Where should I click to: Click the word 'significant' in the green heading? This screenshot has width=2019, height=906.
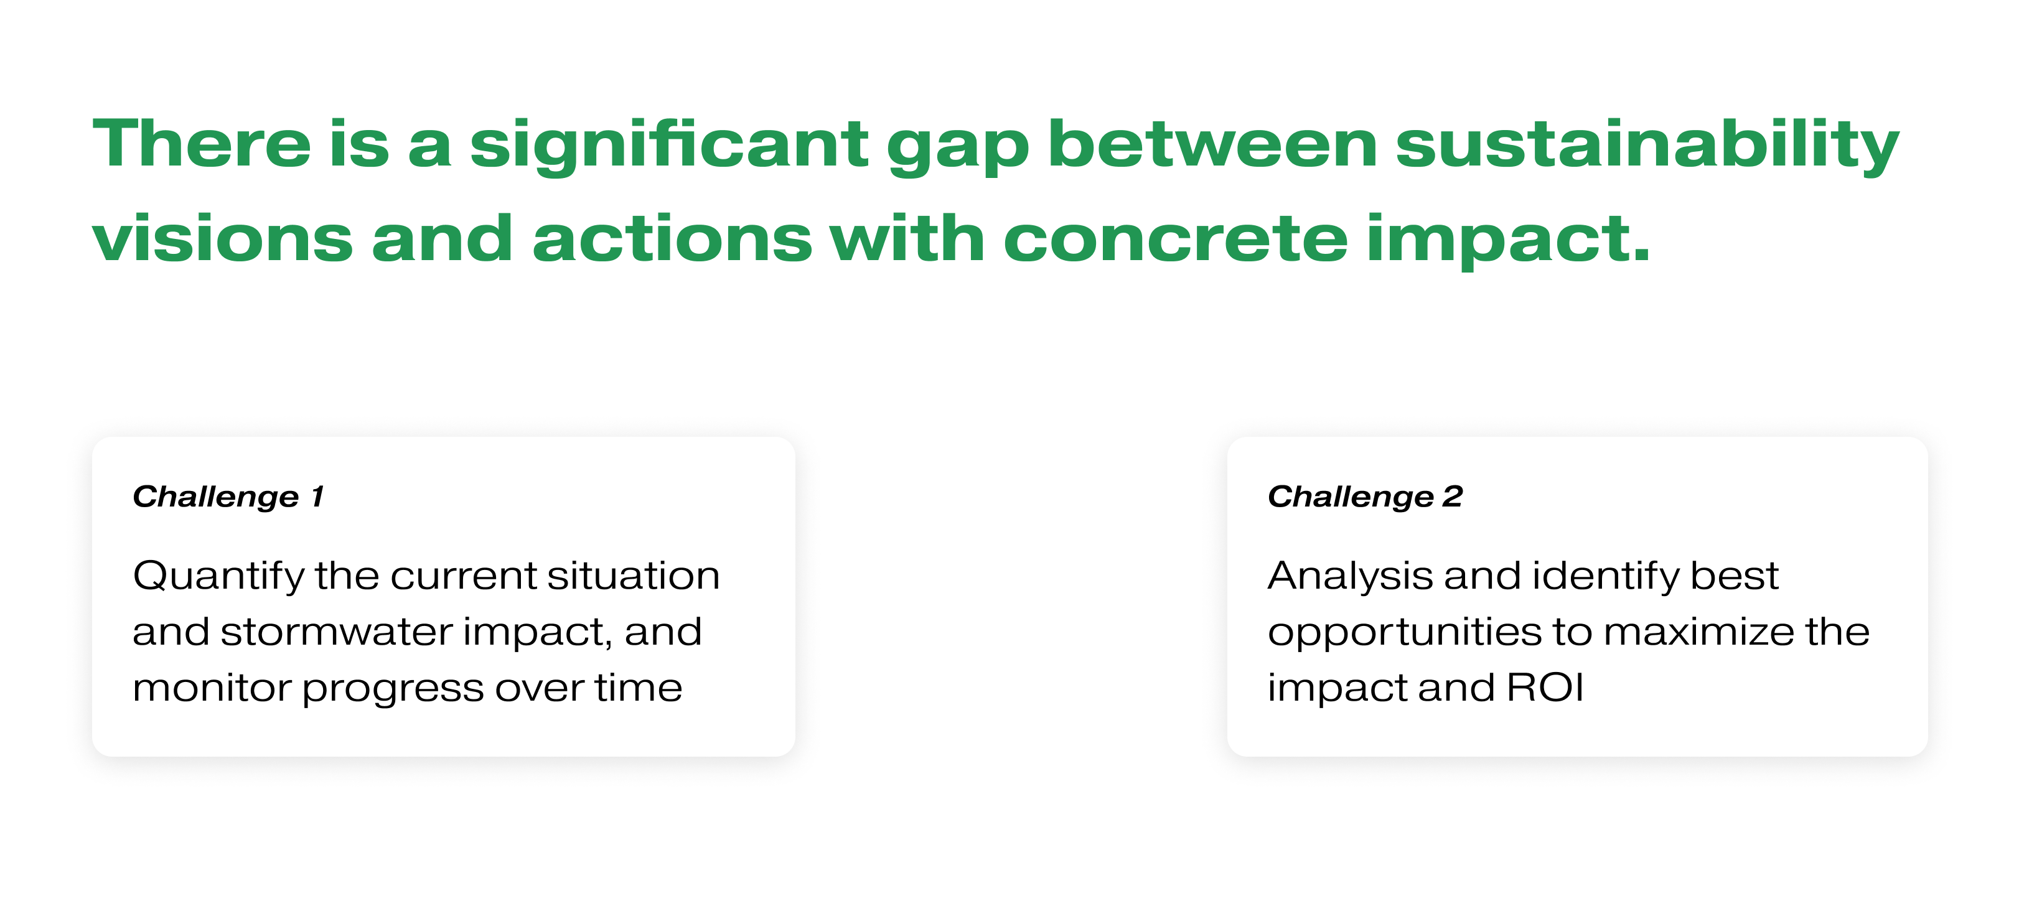(x=669, y=146)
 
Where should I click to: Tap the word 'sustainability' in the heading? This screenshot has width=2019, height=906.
(x=1647, y=146)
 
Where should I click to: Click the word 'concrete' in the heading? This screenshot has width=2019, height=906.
(x=1176, y=239)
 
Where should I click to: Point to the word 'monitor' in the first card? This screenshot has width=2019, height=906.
(x=211, y=688)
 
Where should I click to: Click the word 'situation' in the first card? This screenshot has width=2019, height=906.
(x=634, y=576)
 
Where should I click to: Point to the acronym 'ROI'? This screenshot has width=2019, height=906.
(x=1545, y=688)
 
